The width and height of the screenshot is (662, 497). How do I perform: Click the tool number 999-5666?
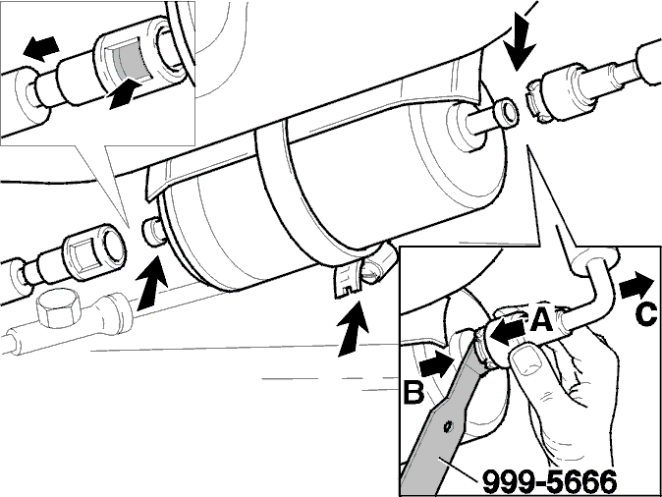(x=549, y=481)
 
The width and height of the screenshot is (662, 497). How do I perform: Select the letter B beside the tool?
(x=414, y=392)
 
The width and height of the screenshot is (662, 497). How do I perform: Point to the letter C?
(x=645, y=315)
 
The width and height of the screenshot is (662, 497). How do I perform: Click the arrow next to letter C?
(x=635, y=286)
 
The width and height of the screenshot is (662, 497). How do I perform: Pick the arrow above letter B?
(x=437, y=363)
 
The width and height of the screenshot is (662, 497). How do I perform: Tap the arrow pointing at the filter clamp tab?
(x=352, y=328)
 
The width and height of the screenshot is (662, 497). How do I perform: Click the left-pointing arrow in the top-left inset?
(x=40, y=47)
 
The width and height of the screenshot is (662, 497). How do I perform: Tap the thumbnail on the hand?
(x=526, y=359)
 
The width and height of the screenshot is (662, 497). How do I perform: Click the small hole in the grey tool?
(x=448, y=426)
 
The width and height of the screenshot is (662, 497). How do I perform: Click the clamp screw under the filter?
(x=373, y=269)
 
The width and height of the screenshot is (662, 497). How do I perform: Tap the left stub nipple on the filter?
(x=154, y=231)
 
